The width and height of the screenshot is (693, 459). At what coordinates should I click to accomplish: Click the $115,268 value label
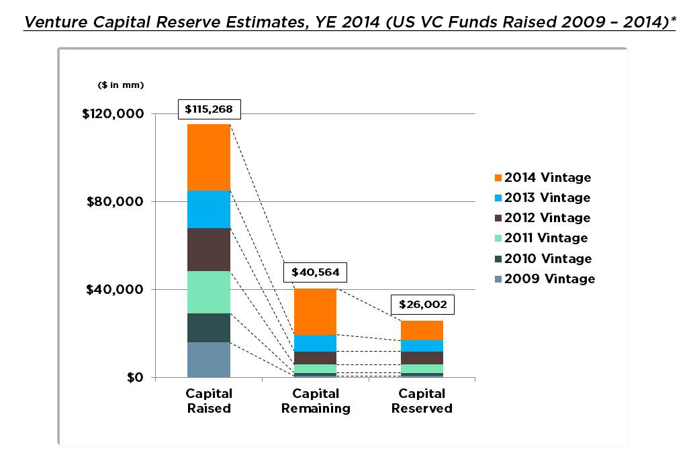208,109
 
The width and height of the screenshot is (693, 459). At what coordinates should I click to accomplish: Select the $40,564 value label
315,273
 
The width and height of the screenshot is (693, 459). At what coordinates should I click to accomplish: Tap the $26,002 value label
422,304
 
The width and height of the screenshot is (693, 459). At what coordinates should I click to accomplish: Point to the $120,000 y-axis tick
113,114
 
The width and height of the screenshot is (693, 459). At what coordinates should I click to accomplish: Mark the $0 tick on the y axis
134,378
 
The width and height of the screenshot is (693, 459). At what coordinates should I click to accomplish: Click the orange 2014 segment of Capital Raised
209,158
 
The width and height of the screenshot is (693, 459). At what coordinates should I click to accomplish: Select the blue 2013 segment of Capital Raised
209,209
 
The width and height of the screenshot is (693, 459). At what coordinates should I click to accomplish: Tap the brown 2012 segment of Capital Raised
209,250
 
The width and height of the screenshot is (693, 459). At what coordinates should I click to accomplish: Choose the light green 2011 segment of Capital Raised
209,292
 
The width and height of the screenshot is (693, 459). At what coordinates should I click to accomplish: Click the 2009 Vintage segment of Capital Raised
209,360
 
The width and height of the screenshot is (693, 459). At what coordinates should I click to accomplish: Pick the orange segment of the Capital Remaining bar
315,311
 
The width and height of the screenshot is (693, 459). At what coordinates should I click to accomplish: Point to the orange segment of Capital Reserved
422,330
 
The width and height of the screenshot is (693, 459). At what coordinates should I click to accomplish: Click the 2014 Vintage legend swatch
497,178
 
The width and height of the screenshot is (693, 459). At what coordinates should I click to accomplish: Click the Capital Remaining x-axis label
316,401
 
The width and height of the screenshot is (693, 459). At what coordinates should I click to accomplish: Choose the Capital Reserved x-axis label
422,401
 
